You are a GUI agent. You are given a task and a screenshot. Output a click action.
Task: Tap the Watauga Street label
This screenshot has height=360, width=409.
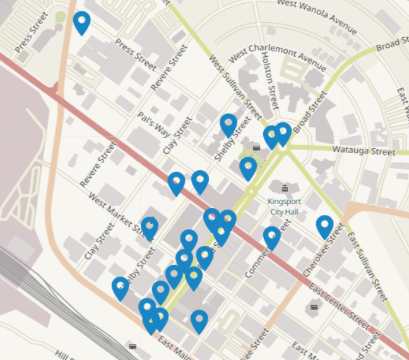pyautogui.click(x=364, y=152)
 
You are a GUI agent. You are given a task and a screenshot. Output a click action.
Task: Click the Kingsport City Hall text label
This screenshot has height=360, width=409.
pyautogui.click(x=284, y=207)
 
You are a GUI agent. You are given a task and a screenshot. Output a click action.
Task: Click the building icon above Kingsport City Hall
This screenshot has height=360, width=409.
pyautogui.click(x=284, y=189)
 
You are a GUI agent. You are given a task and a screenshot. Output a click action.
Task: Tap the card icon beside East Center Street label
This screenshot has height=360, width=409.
pyautogui.click(x=314, y=307)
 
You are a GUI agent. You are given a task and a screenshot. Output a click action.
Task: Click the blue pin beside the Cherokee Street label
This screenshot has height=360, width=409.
pyautogui.click(x=324, y=226)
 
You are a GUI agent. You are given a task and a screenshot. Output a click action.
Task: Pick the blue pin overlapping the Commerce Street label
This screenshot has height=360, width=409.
pyautogui.click(x=271, y=237)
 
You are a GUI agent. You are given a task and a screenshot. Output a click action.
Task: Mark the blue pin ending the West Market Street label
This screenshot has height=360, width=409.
pyautogui.click(x=150, y=227)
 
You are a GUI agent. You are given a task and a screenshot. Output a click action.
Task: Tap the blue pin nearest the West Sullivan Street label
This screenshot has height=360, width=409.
pyautogui.click(x=228, y=124)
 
